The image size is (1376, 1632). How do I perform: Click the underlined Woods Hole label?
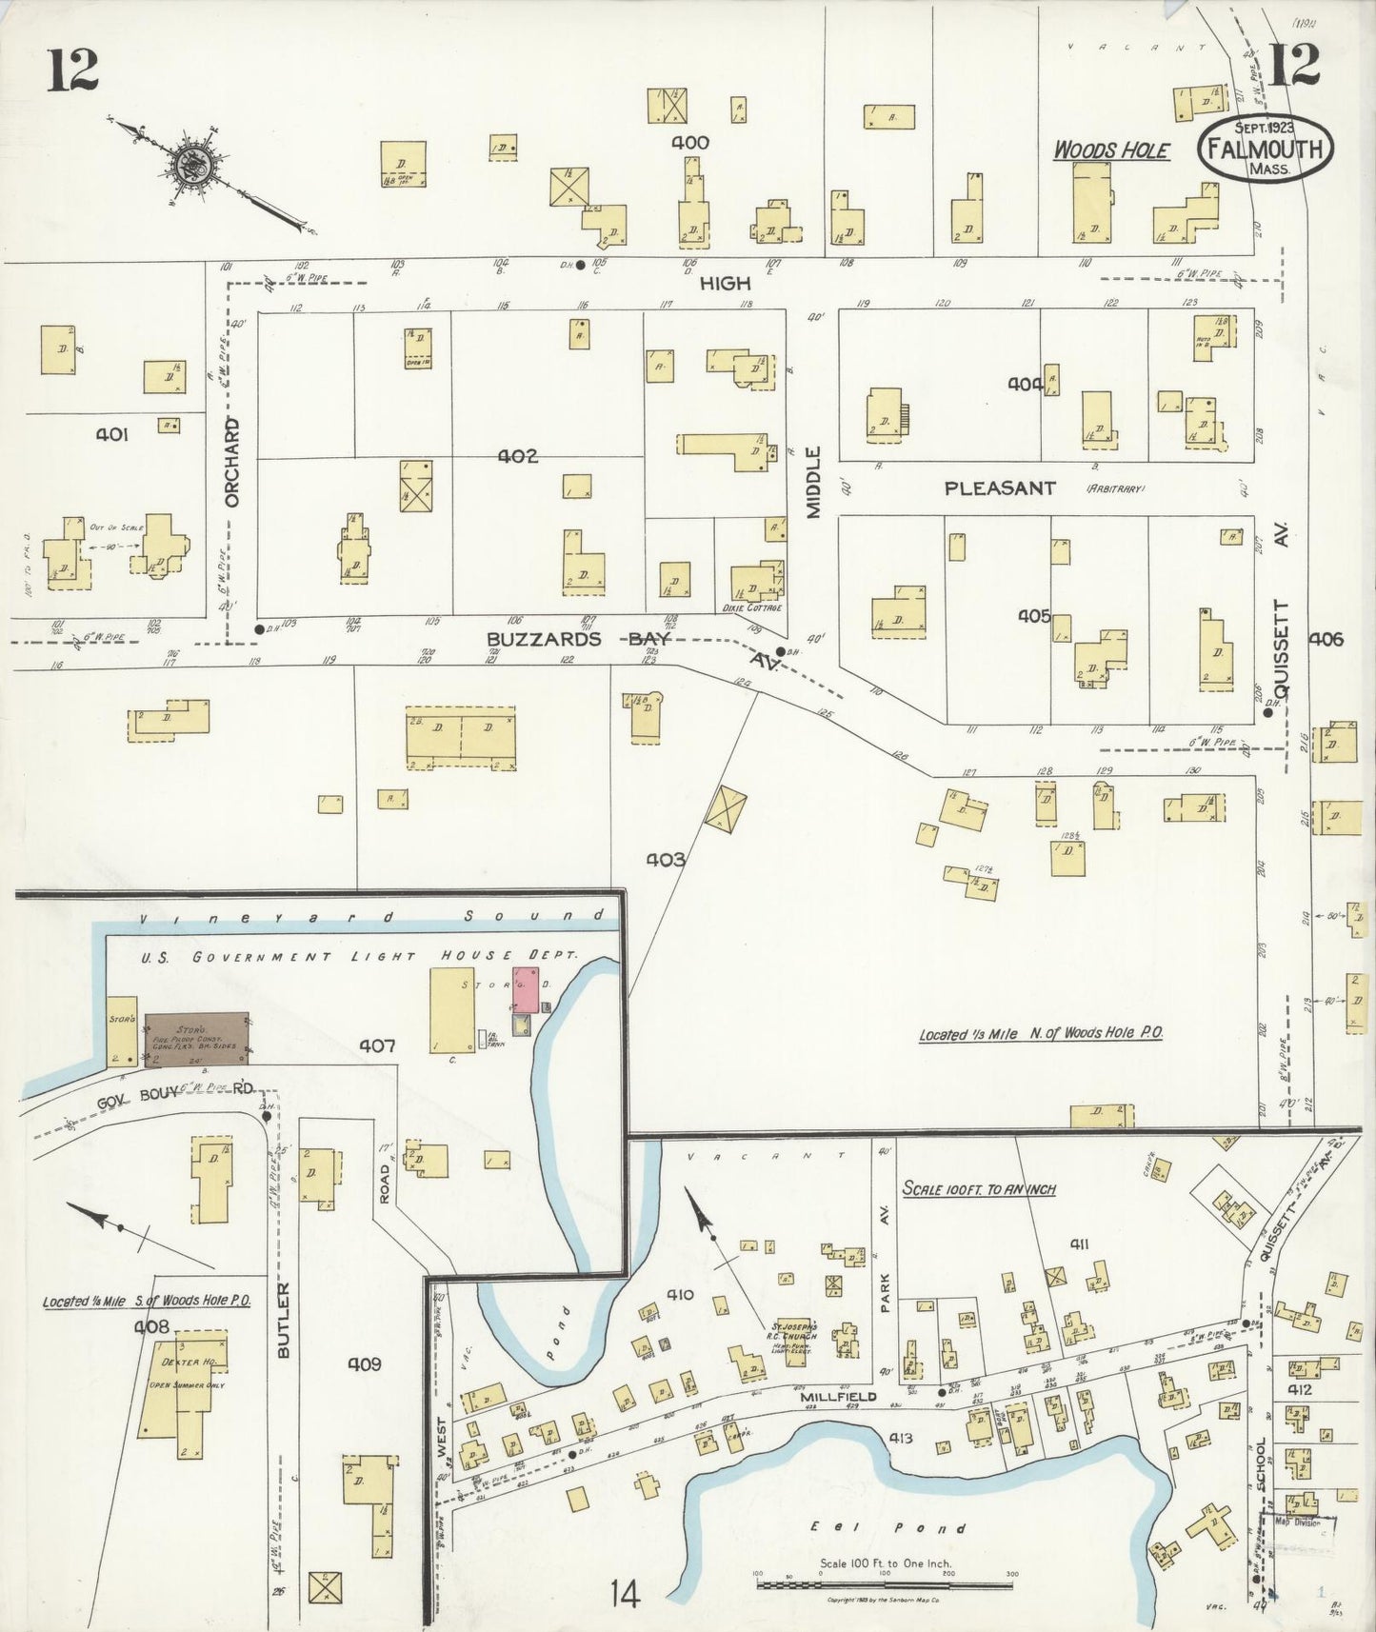click(x=1110, y=150)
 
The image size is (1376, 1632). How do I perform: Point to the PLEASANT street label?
click(x=1000, y=488)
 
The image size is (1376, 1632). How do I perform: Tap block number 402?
click(x=518, y=456)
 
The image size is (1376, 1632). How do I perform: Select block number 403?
click(x=666, y=860)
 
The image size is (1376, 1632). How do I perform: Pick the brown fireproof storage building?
click(x=197, y=1039)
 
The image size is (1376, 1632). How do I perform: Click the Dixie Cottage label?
click(x=752, y=607)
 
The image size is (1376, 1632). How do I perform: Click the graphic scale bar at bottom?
click(x=886, y=1585)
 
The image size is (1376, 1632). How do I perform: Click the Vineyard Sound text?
click(x=371, y=917)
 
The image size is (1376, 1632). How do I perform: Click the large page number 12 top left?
click(x=72, y=70)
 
